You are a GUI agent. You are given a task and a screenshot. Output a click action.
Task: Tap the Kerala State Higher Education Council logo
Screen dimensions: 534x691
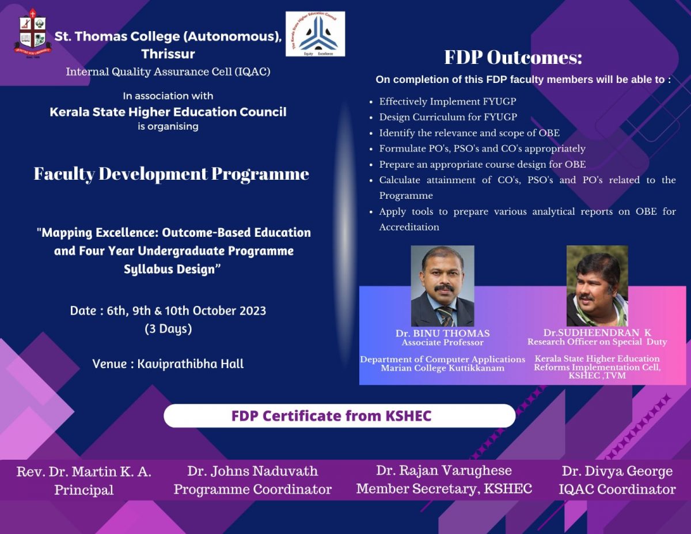(315, 34)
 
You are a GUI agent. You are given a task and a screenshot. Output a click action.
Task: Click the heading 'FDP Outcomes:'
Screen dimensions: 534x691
(513, 58)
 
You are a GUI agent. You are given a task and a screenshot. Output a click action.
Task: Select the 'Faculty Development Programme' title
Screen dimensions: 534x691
(172, 174)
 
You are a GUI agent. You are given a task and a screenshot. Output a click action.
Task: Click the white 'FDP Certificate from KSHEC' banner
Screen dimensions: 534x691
(339, 416)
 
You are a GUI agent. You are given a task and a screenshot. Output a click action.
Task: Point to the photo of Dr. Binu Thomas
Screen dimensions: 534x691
(442, 286)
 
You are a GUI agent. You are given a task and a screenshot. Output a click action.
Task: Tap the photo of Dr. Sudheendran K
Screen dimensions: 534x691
(597, 286)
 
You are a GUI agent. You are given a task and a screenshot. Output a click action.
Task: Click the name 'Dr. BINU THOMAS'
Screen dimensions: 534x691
(442, 334)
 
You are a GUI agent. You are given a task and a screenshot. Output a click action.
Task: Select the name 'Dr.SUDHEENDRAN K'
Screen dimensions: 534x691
(597, 333)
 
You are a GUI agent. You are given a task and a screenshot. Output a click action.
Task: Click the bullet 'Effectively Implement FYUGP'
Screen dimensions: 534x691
(447, 102)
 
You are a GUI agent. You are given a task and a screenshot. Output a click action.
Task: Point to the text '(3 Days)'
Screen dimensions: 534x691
(168, 330)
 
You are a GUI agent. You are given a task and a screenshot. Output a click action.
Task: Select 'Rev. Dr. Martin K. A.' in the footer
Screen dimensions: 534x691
(84, 472)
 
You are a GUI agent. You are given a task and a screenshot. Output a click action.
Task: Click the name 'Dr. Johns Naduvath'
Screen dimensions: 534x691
(252, 471)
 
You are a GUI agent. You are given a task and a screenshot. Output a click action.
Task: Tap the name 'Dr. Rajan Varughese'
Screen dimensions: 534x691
(444, 471)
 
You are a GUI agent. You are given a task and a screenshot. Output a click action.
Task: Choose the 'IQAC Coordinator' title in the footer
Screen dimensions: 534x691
(617, 490)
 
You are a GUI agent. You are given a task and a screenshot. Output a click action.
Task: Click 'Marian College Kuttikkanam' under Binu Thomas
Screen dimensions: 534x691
(442, 368)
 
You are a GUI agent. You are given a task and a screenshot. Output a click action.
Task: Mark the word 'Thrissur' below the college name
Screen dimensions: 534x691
(168, 54)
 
